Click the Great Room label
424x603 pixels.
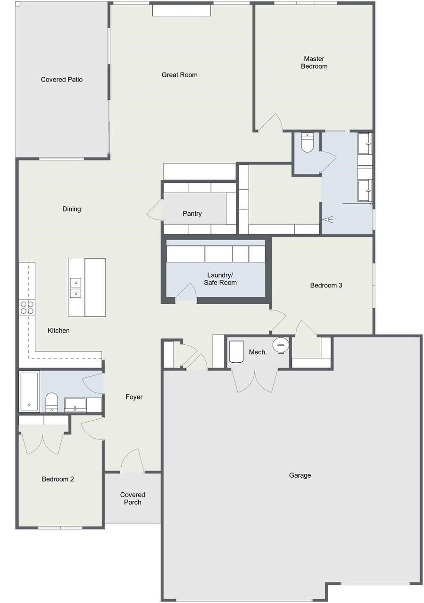179,75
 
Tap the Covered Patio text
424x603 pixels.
62,80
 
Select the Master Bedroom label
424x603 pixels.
314,63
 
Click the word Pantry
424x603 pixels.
192,214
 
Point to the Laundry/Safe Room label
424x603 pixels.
220,279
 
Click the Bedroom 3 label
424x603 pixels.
326,285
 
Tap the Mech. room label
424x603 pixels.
258,352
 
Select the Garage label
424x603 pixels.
300,475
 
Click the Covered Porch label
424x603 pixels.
133,498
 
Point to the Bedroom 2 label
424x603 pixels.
58,479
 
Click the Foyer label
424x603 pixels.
134,397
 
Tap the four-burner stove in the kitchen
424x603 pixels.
27,307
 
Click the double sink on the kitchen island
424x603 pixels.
75,288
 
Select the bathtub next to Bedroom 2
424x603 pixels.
29,391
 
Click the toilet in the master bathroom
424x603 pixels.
307,143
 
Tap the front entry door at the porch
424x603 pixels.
132,462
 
